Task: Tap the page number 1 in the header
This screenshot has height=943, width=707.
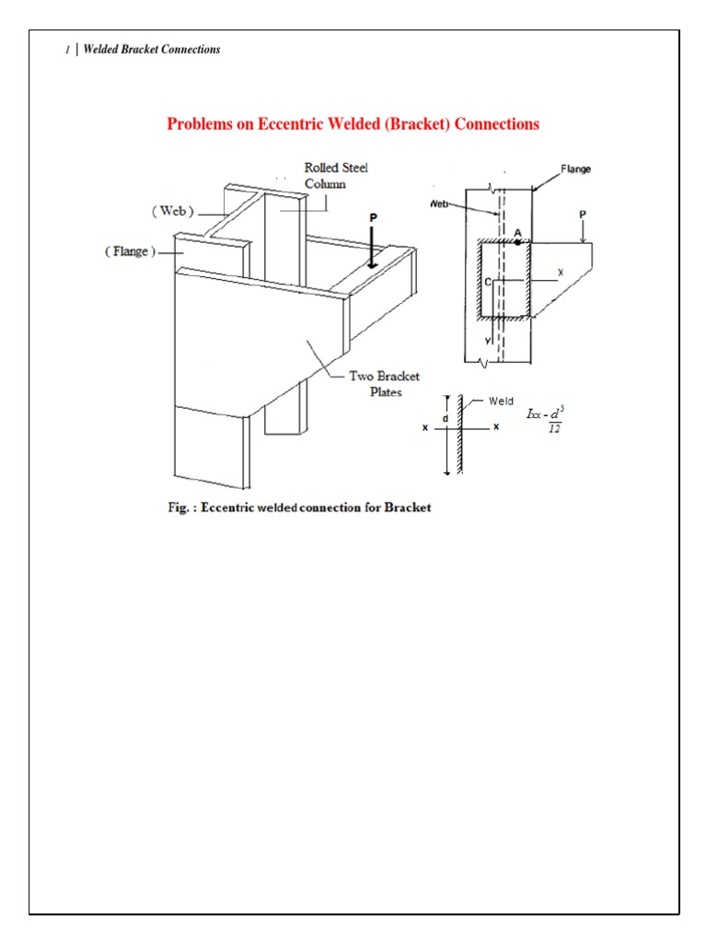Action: tap(67, 50)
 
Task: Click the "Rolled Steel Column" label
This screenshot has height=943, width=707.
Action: tap(336, 176)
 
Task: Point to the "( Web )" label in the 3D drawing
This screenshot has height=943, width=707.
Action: tap(173, 211)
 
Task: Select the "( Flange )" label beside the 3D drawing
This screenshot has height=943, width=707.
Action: tap(129, 251)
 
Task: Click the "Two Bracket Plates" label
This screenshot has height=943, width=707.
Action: tap(384, 383)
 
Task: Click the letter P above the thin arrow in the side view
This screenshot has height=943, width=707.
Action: tap(582, 214)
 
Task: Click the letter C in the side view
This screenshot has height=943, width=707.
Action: tap(488, 284)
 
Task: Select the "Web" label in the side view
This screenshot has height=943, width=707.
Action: tap(439, 204)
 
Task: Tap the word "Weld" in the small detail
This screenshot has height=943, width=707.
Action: tap(501, 401)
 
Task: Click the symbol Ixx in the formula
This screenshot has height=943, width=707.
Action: tap(534, 415)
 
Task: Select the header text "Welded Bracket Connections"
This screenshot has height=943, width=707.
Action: tap(151, 50)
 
